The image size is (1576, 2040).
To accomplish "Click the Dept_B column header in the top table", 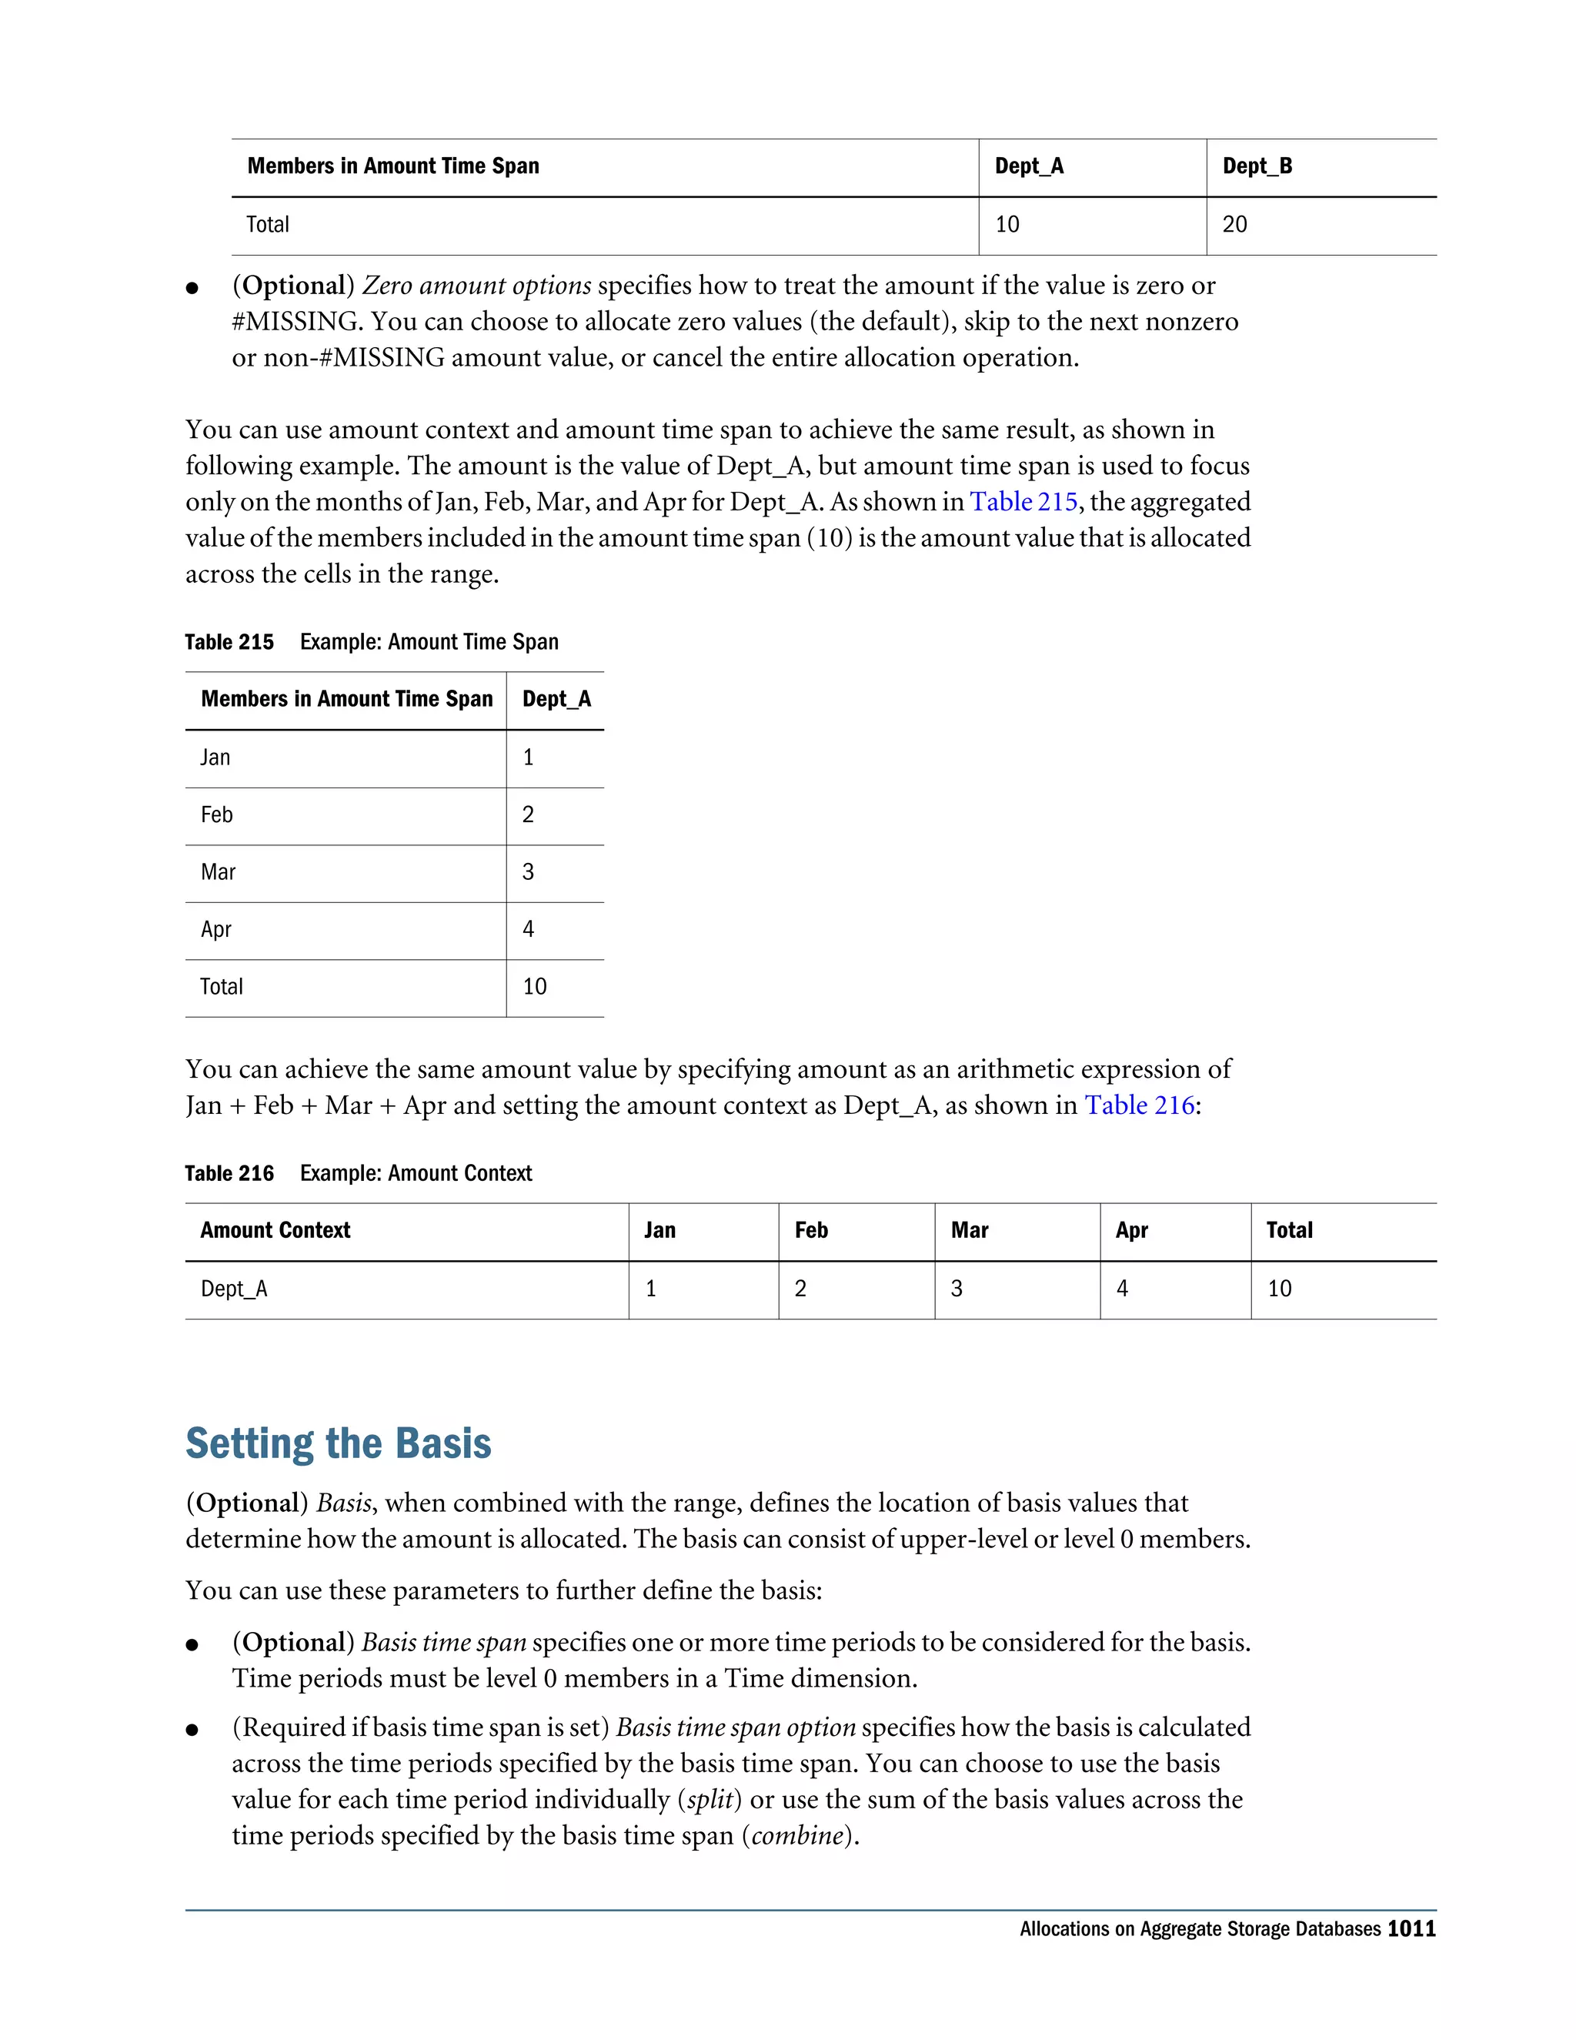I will click(x=1257, y=166).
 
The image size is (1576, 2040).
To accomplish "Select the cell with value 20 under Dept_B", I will click(x=1234, y=224).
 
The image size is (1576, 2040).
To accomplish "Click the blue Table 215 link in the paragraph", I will click(x=1023, y=502).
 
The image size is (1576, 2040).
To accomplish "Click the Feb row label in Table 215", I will click(x=216, y=814).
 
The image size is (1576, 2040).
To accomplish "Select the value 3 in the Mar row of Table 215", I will click(x=529, y=872).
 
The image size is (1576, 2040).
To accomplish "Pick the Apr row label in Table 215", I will click(x=215, y=929).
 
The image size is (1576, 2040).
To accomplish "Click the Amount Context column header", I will click(x=275, y=1230).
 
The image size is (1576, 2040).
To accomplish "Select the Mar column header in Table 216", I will click(x=969, y=1230).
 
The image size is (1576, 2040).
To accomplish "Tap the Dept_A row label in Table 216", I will click(x=233, y=1289).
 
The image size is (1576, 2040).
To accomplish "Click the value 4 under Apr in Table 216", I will click(x=1122, y=1289).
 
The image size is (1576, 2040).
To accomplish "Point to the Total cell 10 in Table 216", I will click(x=1279, y=1289).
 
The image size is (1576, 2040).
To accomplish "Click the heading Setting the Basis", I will click(x=338, y=1443).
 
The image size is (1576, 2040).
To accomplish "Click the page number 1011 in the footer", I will click(x=1411, y=1929).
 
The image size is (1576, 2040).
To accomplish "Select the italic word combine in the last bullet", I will click(x=797, y=1835).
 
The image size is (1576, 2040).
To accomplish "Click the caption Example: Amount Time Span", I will click(x=429, y=642).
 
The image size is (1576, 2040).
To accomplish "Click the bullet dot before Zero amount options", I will click(x=192, y=288).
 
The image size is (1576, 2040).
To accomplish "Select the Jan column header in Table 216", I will click(x=659, y=1230).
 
